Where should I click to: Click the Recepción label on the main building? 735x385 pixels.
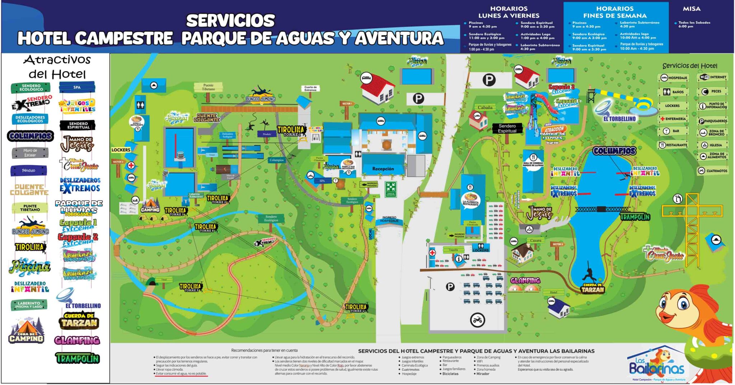[383, 168]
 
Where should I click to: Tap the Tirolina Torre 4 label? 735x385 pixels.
[356, 308]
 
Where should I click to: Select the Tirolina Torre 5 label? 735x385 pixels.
[190, 287]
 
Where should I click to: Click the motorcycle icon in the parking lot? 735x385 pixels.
[477, 320]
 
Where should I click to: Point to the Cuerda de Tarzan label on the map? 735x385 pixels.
[593, 288]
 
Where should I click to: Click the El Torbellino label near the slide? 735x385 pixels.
[619, 119]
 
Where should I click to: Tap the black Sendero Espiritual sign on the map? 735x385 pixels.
[507, 128]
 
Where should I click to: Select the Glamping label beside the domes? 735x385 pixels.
[525, 280]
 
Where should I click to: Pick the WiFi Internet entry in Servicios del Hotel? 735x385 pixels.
[713, 77]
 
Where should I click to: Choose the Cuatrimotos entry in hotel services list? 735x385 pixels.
[713, 171]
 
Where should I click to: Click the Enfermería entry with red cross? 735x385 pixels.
[673, 119]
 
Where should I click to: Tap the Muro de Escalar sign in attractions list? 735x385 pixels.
[30, 153]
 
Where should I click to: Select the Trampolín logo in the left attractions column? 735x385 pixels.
[77, 358]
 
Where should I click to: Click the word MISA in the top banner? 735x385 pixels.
[691, 9]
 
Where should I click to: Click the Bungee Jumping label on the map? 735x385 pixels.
[261, 99]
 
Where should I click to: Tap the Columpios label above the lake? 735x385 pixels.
[614, 151]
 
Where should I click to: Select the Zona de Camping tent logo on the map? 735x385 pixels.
[150, 207]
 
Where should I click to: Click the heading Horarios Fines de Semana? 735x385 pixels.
[615, 12]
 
